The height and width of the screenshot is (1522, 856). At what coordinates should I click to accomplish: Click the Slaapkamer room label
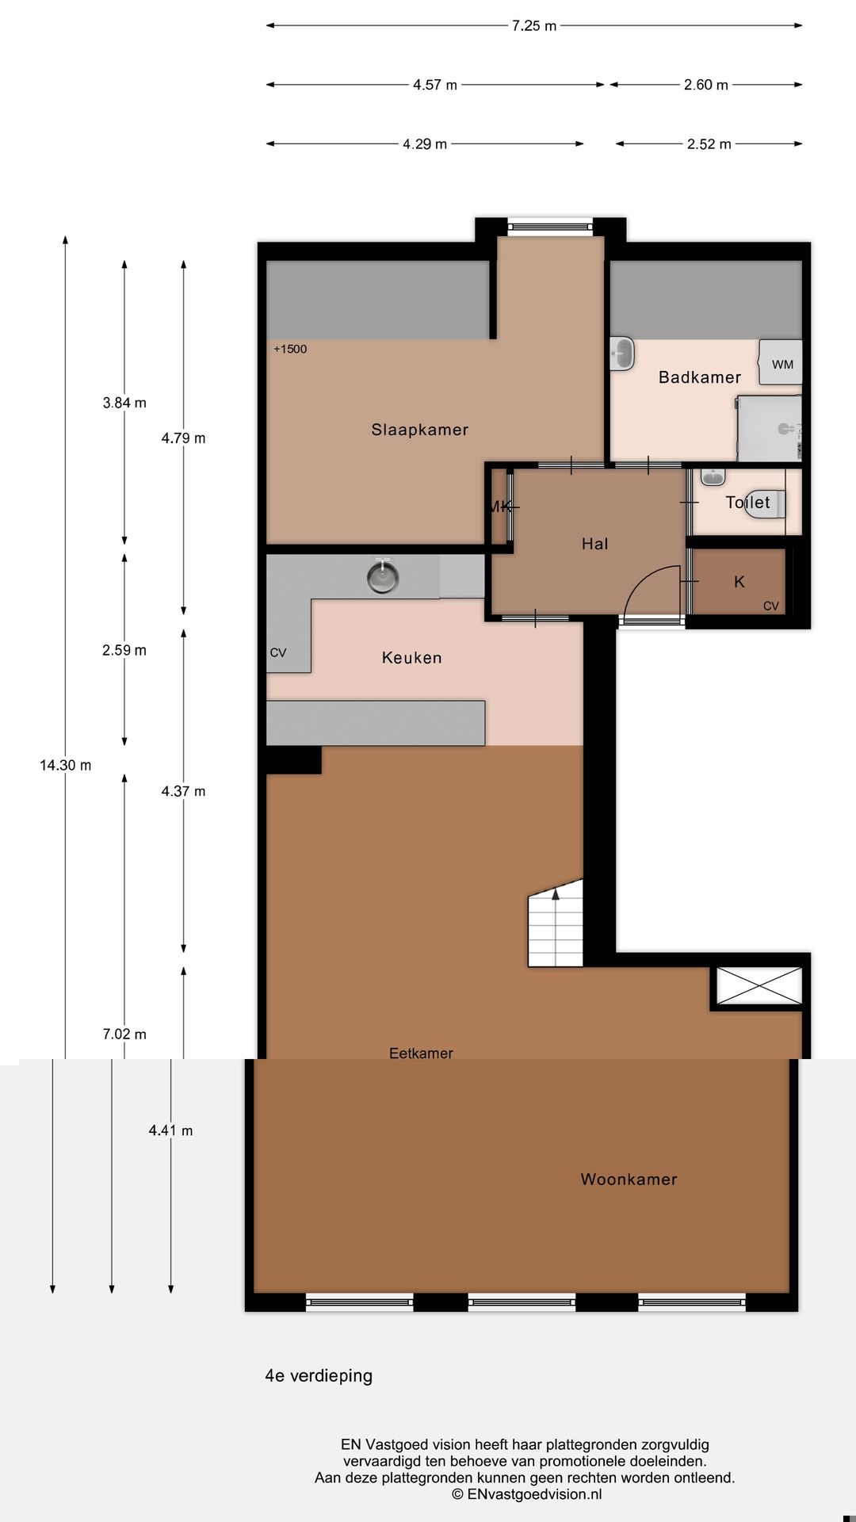(419, 430)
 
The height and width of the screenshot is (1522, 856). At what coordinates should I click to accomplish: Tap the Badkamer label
(699, 377)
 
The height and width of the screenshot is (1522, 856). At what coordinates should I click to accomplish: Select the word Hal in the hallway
(594, 544)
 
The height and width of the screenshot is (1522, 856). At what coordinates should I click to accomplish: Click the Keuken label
(411, 657)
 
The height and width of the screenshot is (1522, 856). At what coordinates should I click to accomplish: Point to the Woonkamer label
(629, 1180)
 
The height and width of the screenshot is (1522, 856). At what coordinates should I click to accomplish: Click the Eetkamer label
(421, 1053)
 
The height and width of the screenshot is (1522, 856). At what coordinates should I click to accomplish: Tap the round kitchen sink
(383, 576)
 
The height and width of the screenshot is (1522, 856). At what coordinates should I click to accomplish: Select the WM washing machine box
(781, 363)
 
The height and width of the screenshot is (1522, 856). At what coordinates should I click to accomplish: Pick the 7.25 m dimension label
(534, 25)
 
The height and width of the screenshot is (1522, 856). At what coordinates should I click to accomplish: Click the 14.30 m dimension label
(65, 765)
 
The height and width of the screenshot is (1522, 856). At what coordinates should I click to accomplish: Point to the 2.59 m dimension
(124, 650)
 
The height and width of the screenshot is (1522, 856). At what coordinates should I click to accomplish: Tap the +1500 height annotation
(290, 349)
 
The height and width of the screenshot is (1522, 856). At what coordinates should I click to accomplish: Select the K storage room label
(739, 582)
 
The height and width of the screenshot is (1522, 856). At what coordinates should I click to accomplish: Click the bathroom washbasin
(623, 354)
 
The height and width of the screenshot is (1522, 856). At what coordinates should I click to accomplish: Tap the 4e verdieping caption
(319, 1376)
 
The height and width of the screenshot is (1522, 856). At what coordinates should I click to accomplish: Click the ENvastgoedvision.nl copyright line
(526, 1494)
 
